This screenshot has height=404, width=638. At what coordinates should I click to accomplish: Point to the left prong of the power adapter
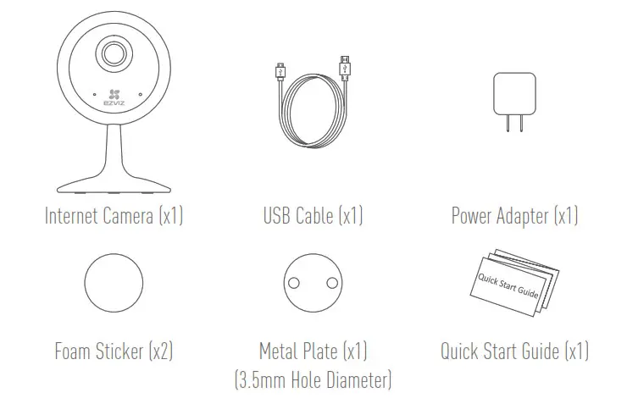(x=506, y=123)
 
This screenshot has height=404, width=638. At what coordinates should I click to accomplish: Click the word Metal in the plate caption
(x=279, y=350)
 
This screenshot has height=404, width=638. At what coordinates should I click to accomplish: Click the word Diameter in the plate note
(x=357, y=378)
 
